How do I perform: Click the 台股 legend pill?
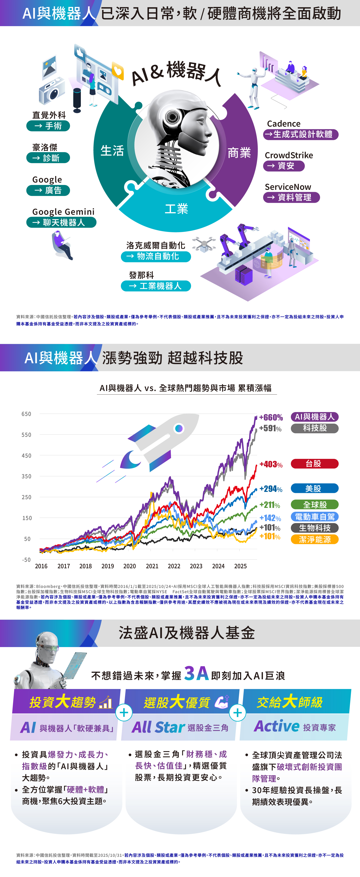click(314, 464)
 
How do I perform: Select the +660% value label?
click(271, 417)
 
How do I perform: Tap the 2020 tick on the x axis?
click(129, 566)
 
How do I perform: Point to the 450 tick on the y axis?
click(26, 456)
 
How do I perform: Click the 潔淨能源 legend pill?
click(314, 539)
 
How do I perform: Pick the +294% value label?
click(271, 489)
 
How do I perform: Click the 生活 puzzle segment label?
click(112, 151)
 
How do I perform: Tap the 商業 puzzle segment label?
click(239, 153)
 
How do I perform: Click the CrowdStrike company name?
click(289, 155)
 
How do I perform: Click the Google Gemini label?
click(63, 212)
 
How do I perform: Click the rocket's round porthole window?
click(179, 428)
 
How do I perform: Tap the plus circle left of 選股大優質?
click(124, 712)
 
